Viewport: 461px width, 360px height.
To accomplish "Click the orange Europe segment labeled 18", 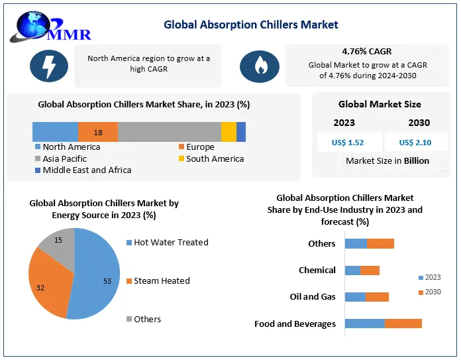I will click(x=98, y=132).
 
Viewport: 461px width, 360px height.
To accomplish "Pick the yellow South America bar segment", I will click(x=229, y=132).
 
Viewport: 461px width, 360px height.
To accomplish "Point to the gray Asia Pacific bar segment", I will click(x=170, y=132).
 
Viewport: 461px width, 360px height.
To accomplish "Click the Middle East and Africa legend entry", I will click(x=83, y=170).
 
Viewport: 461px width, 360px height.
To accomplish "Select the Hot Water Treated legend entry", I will click(x=166, y=243).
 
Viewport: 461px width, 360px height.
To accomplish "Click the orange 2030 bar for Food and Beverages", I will click(x=403, y=324).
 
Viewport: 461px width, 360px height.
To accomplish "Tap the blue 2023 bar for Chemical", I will click(x=352, y=270).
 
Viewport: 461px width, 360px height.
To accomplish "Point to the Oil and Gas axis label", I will click(x=313, y=297).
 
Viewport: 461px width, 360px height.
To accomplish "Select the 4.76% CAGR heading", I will click(x=367, y=50).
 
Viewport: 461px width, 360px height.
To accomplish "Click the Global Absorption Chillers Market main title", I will click(x=251, y=25).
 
